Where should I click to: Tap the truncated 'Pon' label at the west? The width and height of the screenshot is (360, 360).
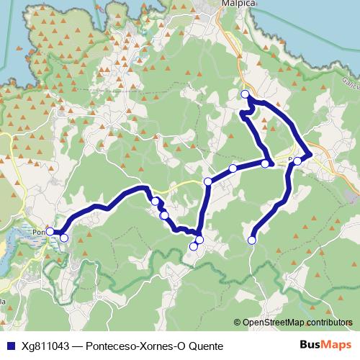[x=39, y=232]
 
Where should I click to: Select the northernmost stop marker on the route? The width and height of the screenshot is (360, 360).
[x=246, y=94]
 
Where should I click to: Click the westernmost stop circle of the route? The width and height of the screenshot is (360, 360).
[x=50, y=231]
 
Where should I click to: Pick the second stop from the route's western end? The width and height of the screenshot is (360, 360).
[x=63, y=238]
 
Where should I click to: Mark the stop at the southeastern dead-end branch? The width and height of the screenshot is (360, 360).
[x=252, y=240]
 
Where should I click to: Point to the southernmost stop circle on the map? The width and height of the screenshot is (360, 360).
[x=193, y=247]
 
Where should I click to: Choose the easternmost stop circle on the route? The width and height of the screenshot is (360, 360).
[x=297, y=161]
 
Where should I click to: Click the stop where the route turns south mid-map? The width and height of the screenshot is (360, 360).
[x=208, y=181]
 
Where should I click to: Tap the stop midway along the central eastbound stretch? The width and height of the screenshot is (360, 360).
[x=233, y=168]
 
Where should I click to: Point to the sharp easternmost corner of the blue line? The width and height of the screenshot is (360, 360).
[x=310, y=154]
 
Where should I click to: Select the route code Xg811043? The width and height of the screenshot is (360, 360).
[x=45, y=346]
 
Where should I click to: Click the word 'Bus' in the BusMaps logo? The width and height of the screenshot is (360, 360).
[x=310, y=345]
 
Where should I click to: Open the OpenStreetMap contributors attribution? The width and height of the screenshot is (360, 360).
[x=297, y=323]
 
